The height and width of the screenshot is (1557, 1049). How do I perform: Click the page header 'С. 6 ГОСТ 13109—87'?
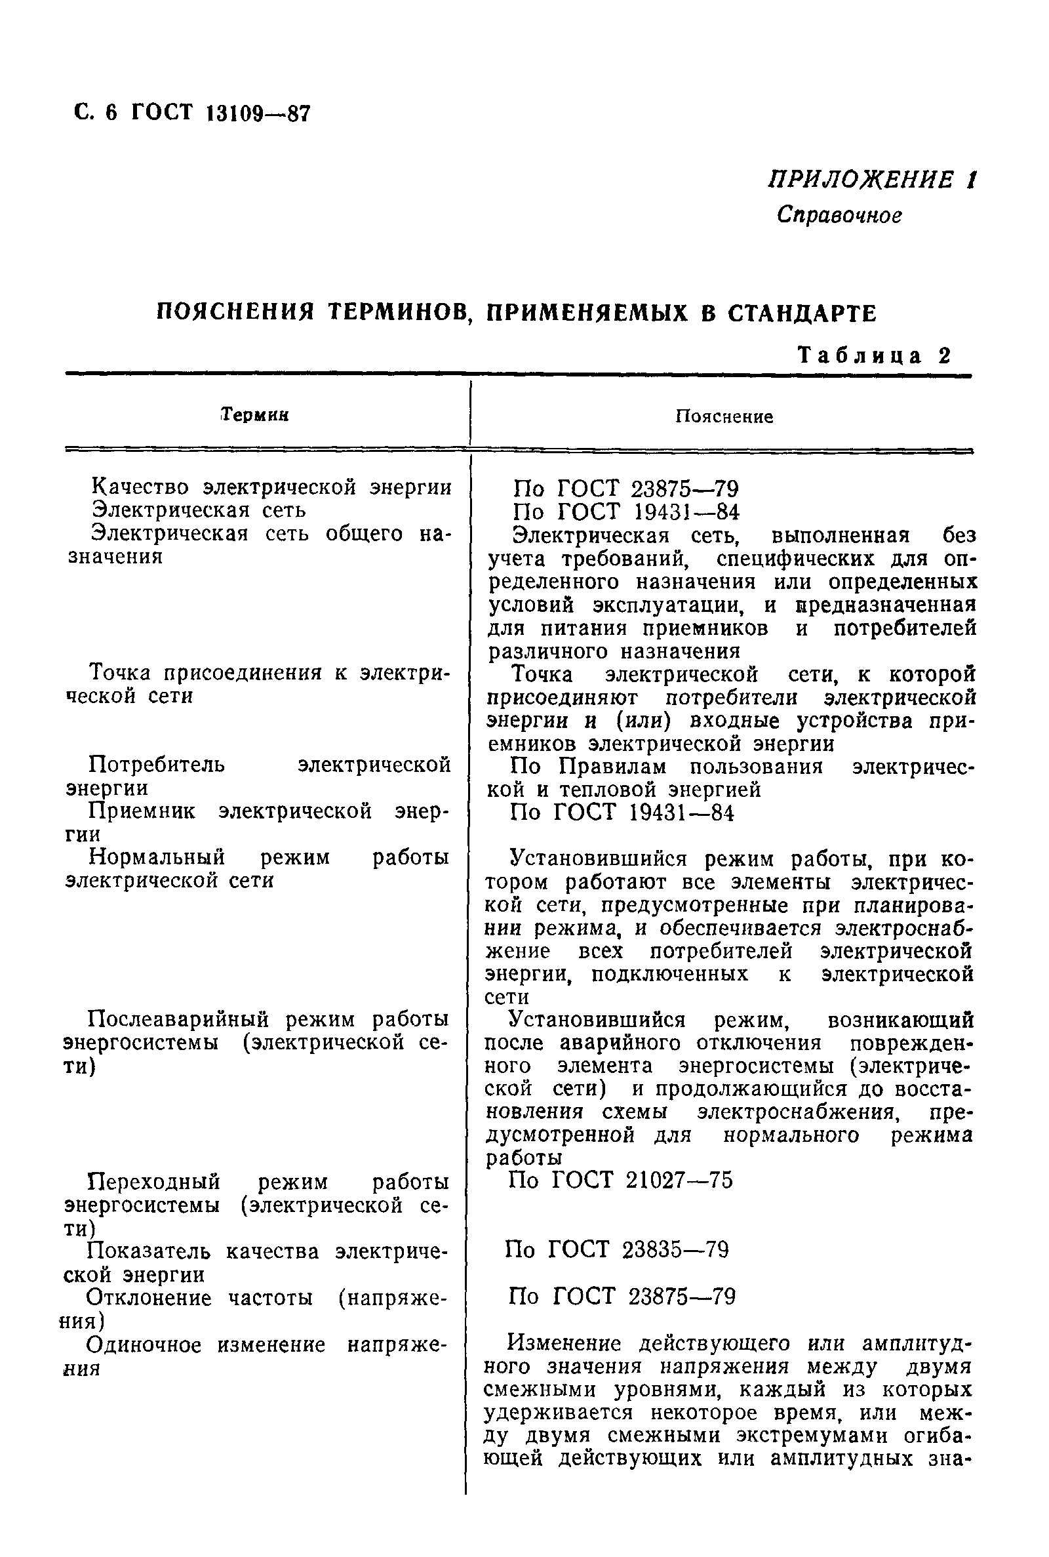pyautogui.click(x=193, y=112)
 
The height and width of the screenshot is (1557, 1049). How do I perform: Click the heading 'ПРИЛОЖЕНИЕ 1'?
pyautogui.click(x=871, y=180)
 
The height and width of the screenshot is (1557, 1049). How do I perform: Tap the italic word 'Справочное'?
pyautogui.click(x=839, y=216)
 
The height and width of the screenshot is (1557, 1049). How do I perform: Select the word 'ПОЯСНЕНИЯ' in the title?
pyautogui.click(x=235, y=312)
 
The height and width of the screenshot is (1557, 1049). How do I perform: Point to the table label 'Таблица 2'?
pyautogui.click(x=875, y=355)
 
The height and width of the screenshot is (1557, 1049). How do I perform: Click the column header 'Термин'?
pyautogui.click(x=255, y=415)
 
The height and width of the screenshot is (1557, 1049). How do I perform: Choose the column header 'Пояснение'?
pyautogui.click(x=723, y=417)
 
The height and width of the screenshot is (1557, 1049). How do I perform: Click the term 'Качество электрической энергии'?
pyautogui.click(x=271, y=487)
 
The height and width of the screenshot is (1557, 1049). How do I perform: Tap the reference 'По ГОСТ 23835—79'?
pyautogui.click(x=617, y=1249)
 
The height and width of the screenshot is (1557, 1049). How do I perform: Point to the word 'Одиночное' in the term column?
pyautogui.click(x=144, y=1345)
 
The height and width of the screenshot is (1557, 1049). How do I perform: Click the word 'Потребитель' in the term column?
pyautogui.click(x=157, y=764)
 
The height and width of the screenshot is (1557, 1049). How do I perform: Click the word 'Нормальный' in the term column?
pyautogui.click(x=157, y=857)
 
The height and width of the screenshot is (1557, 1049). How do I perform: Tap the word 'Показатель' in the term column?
pyautogui.click(x=149, y=1251)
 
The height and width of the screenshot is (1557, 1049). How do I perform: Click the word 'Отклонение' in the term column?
pyautogui.click(x=148, y=1298)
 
